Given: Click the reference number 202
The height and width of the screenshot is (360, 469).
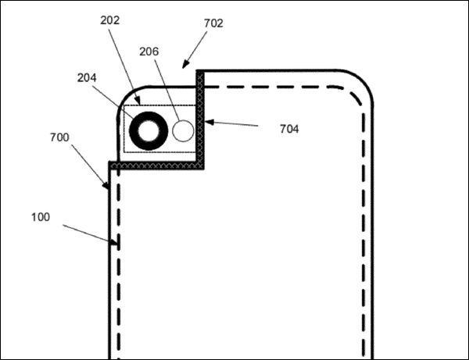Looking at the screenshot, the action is [x=109, y=20].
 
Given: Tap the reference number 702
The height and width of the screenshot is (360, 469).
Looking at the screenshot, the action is [x=213, y=23].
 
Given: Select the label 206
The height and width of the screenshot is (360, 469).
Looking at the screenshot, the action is [x=149, y=52].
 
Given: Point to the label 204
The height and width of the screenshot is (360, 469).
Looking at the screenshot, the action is [x=87, y=78].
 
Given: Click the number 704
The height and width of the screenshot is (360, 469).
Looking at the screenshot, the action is [x=289, y=129].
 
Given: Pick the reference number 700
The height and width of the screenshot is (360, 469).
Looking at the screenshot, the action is [x=59, y=137].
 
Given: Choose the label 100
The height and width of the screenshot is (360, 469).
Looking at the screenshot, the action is [x=41, y=217].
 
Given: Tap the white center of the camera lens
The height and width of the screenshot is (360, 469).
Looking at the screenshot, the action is [x=149, y=131].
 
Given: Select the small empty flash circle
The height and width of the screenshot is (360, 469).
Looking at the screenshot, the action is [x=183, y=131].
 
